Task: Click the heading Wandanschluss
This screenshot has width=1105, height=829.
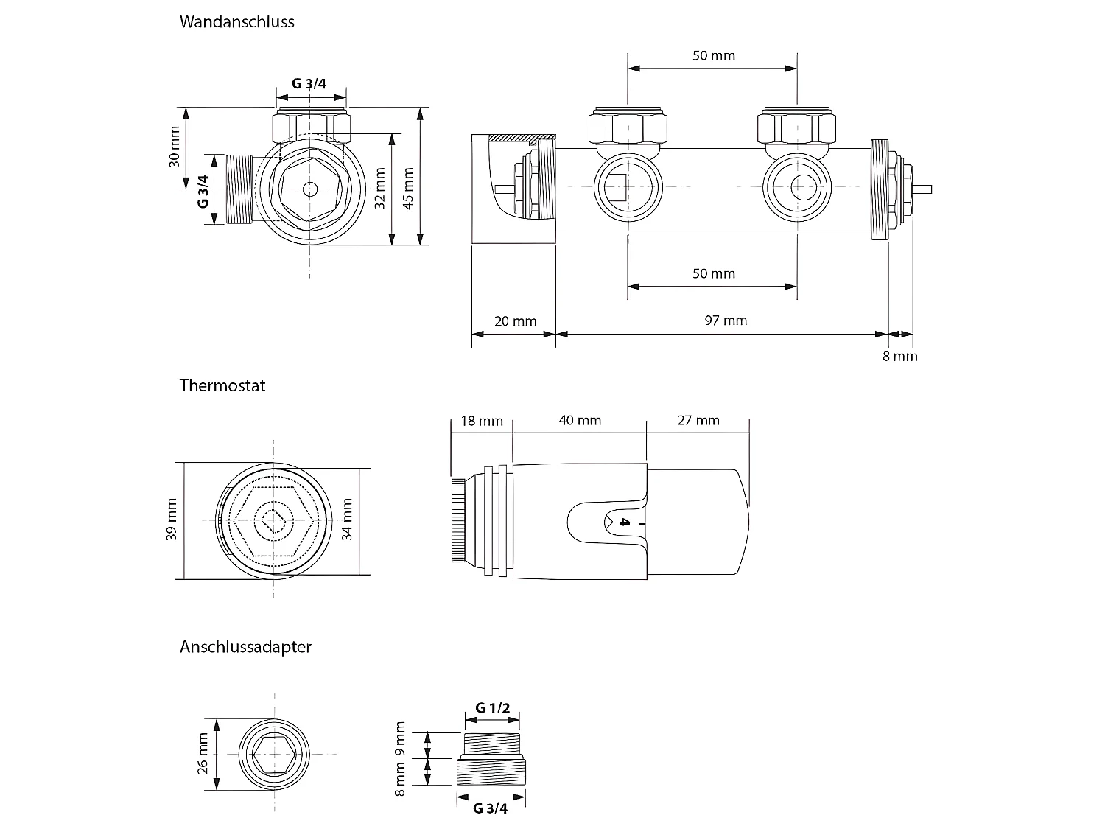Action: (236, 21)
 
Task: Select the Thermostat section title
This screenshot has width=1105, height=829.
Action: (222, 385)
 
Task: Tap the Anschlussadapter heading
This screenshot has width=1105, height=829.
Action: (245, 647)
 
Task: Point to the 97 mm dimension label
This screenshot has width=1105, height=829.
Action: (725, 321)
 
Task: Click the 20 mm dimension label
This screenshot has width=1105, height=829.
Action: (515, 321)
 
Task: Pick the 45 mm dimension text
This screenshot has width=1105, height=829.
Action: (408, 188)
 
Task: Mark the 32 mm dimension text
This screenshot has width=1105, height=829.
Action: (380, 188)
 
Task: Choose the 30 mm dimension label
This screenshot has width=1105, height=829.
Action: (175, 147)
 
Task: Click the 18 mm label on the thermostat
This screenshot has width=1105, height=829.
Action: (481, 421)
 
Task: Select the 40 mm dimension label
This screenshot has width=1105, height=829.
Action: (580, 421)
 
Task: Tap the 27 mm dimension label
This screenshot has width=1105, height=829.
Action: (698, 421)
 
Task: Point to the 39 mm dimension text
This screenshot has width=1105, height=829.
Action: (172, 520)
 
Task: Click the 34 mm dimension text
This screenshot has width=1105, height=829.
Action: (347, 520)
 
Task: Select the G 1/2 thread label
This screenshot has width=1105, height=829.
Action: (492, 708)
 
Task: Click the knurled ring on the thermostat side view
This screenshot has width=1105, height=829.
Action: (458, 520)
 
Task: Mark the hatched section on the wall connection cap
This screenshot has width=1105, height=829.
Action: (525, 138)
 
